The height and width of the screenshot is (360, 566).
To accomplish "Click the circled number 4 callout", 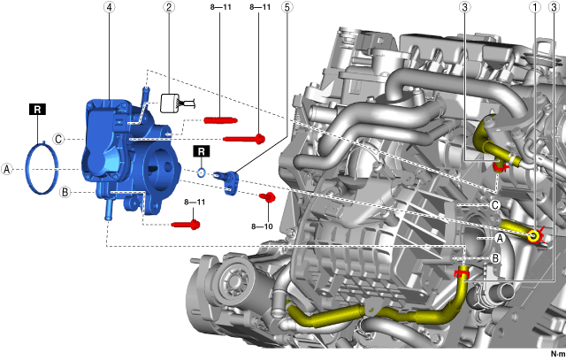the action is coord(110,7).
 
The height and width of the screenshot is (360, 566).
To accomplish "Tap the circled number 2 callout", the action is coord(169,7).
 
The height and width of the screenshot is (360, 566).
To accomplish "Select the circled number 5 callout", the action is coord(287,7).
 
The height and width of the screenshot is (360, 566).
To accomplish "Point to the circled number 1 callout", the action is coord(535,7).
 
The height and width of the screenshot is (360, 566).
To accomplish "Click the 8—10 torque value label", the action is coord(262,226).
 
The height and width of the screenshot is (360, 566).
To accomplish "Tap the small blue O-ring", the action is coord(202,173).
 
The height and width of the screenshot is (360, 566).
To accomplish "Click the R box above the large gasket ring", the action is coord(37,110).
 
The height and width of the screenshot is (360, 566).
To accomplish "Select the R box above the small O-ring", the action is coord(202,151).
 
